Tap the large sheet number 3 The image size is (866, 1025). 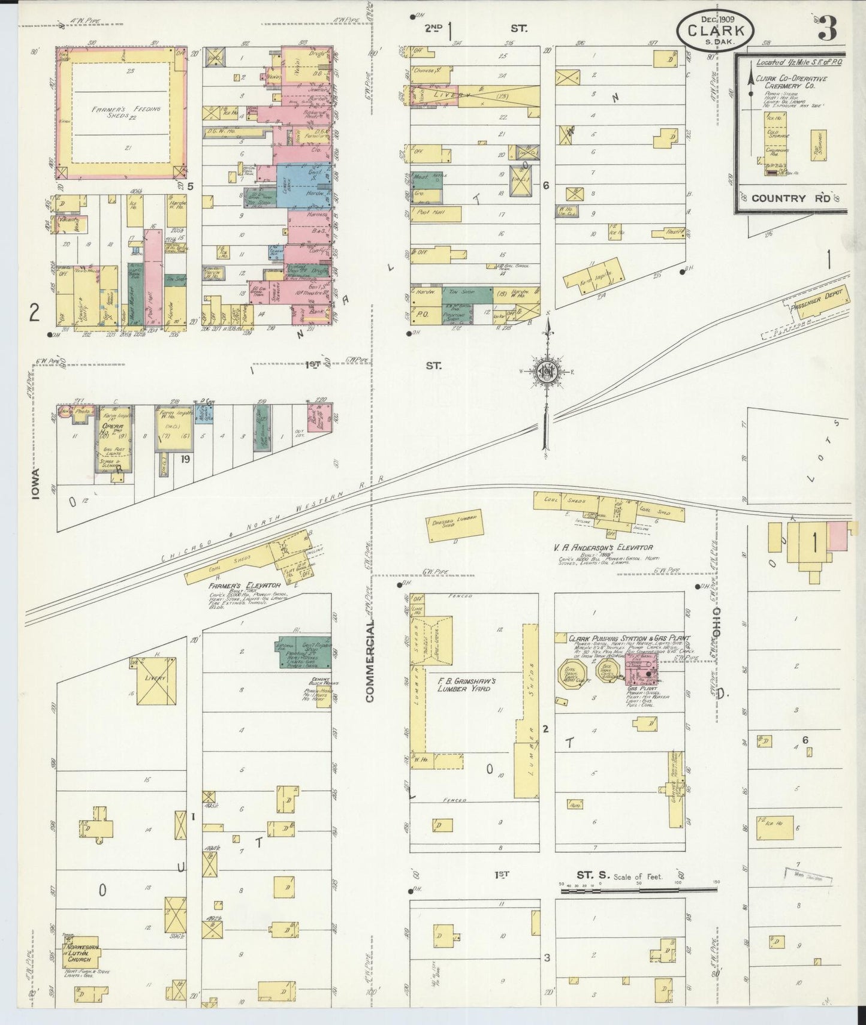click(828, 28)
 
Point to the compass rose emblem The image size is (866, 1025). click(547, 371)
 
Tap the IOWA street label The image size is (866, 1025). click(37, 484)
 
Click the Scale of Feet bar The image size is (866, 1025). click(638, 891)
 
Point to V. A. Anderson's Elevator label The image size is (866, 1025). click(604, 547)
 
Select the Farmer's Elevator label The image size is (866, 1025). click(245, 585)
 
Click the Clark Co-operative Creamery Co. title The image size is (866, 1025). click(791, 83)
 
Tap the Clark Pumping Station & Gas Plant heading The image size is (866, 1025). click(629, 639)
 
